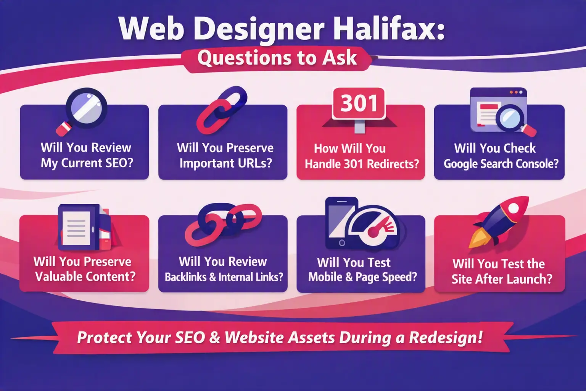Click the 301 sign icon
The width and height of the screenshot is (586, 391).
click(x=359, y=110)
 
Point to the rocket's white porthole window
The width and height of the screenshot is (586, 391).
click(x=513, y=208)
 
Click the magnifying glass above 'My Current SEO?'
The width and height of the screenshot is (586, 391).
click(x=82, y=111)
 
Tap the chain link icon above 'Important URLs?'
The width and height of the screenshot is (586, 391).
click(x=222, y=110)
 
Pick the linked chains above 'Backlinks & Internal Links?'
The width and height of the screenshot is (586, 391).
click(x=223, y=225)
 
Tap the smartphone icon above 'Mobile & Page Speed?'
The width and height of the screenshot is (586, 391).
click(x=340, y=223)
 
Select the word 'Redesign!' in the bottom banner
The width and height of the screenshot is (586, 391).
click(x=446, y=338)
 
